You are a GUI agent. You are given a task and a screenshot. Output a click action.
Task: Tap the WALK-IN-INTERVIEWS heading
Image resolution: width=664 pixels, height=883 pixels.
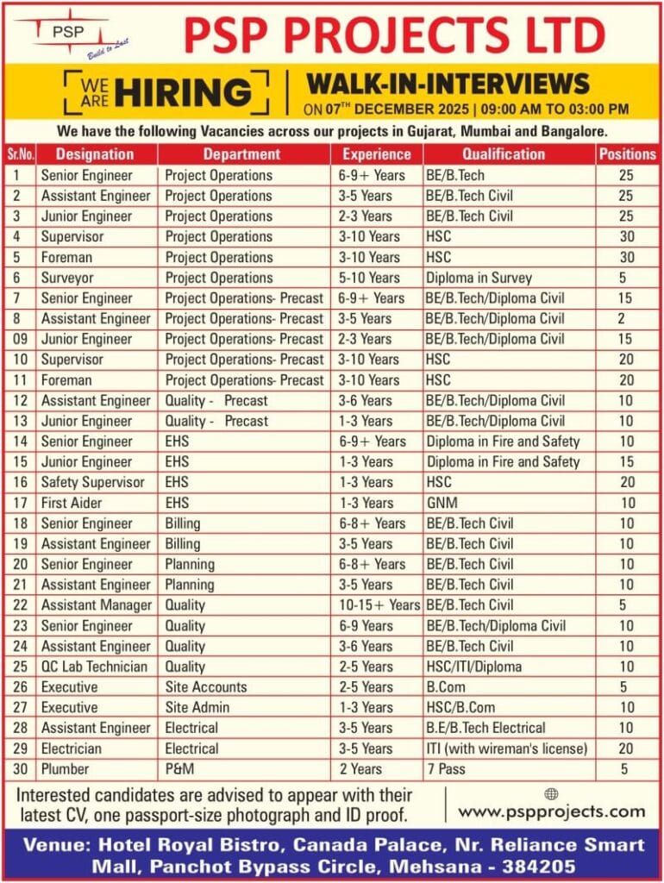(x=448, y=84)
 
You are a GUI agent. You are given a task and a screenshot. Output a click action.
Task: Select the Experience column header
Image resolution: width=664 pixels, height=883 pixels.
(x=376, y=154)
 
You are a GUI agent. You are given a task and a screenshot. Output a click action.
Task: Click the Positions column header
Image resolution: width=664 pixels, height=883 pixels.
(x=627, y=154)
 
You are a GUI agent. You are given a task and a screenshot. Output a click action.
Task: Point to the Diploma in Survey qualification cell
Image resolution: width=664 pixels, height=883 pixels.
(x=479, y=278)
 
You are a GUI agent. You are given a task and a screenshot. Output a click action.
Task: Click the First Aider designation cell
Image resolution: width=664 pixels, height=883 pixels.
(x=72, y=503)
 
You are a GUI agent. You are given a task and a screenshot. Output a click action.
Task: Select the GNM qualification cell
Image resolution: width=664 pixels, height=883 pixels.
(x=442, y=503)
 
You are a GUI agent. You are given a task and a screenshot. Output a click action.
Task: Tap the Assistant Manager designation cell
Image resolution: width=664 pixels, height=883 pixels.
(x=97, y=605)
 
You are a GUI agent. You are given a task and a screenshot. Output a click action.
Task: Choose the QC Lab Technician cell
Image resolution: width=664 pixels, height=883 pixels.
(x=94, y=667)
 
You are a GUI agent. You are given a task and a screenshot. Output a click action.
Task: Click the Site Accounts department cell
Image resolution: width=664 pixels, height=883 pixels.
(x=206, y=687)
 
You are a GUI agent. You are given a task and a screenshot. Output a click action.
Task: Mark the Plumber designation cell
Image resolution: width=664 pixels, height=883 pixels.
(x=66, y=769)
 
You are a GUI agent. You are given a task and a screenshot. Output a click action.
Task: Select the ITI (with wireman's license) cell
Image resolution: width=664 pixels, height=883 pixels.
(x=507, y=748)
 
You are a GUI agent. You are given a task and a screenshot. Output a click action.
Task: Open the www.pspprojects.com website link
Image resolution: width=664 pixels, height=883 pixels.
(x=551, y=811)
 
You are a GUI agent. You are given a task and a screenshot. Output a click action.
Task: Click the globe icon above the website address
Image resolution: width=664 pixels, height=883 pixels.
(x=551, y=793)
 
